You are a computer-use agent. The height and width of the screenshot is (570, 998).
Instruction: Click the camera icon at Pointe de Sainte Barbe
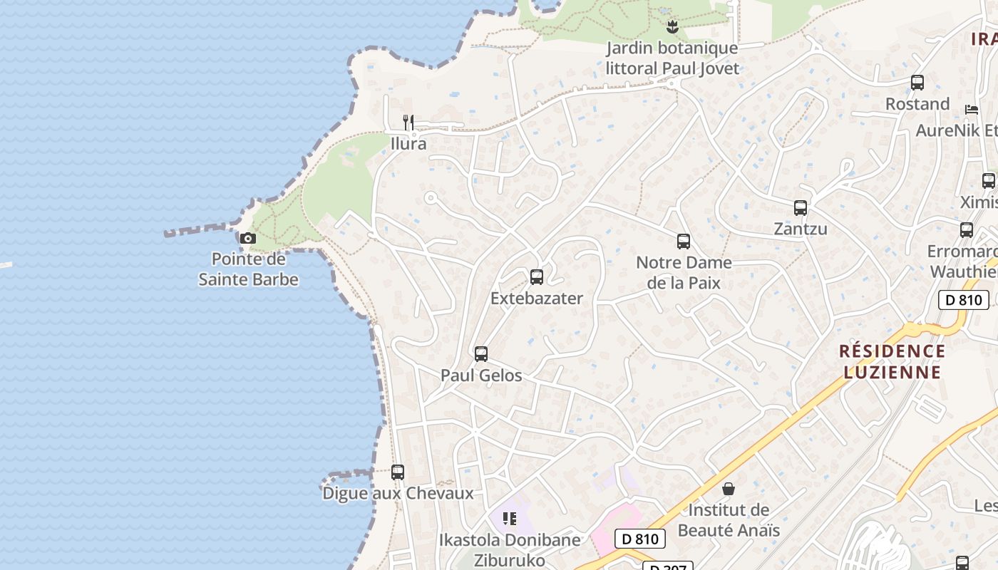[247, 238]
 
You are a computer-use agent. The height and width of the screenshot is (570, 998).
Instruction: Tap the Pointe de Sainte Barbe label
[248, 269]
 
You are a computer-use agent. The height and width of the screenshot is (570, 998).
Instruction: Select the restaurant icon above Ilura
[408, 123]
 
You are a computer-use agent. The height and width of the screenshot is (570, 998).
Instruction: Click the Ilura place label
[408, 144]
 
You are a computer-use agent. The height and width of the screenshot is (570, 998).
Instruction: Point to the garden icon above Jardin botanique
[671, 27]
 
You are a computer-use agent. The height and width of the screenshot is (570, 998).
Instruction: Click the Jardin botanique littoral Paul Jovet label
[672, 58]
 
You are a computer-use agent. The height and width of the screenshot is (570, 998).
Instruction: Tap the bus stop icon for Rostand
[917, 83]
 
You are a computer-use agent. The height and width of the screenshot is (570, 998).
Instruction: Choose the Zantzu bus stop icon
[801, 208]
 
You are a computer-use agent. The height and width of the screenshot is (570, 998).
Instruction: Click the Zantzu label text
[801, 229]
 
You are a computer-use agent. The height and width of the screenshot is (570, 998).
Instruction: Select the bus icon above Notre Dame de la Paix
[684, 242]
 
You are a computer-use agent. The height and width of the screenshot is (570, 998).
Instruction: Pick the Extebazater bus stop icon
[537, 277]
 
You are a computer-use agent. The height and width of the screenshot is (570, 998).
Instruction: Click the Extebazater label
[537, 299]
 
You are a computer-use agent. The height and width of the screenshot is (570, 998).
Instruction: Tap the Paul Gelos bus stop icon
[481, 354]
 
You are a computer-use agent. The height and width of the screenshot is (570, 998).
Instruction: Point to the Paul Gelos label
[481, 375]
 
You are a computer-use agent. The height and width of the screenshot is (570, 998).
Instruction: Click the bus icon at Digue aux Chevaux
[398, 472]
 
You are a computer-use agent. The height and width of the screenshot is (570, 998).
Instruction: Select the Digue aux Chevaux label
[398, 493]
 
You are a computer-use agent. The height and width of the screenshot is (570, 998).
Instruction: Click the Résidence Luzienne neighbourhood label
[892, 361]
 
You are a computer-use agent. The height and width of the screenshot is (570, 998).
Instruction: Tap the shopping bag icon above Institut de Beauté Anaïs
[729, 489]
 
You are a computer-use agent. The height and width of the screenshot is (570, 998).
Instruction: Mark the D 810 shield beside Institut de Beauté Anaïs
[640, 539]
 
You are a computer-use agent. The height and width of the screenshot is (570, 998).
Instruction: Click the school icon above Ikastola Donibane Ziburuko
[509, 519]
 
